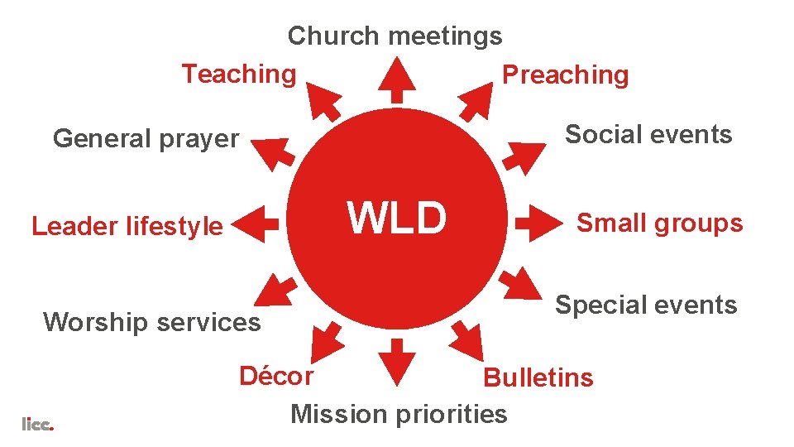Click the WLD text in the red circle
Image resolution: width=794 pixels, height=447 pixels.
tap(397, 219)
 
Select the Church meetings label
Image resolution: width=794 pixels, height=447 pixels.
tap(395, 36)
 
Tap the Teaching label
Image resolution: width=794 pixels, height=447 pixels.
tap(238, 74)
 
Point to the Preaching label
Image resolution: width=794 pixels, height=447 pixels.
tap(566, 75)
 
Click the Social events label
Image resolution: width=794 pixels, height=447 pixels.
tap(648, 134)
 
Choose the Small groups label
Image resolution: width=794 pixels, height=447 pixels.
tap(659, 223)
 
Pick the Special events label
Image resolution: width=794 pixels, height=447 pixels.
tap(645, 305)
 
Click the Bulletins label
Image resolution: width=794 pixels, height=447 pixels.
tap(538, 377)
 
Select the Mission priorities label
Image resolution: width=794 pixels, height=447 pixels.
tap(399, 413)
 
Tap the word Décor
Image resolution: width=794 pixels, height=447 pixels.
tap(276, 377)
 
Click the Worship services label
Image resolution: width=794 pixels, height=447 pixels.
tap(151, 321)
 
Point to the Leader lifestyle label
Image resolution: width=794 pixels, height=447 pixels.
tap(127, 226)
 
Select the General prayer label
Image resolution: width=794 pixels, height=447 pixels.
tap(146, 138)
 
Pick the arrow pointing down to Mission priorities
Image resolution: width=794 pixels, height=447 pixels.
tap(397, 363)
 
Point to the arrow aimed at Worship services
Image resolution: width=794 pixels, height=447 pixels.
tap(275, 287)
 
